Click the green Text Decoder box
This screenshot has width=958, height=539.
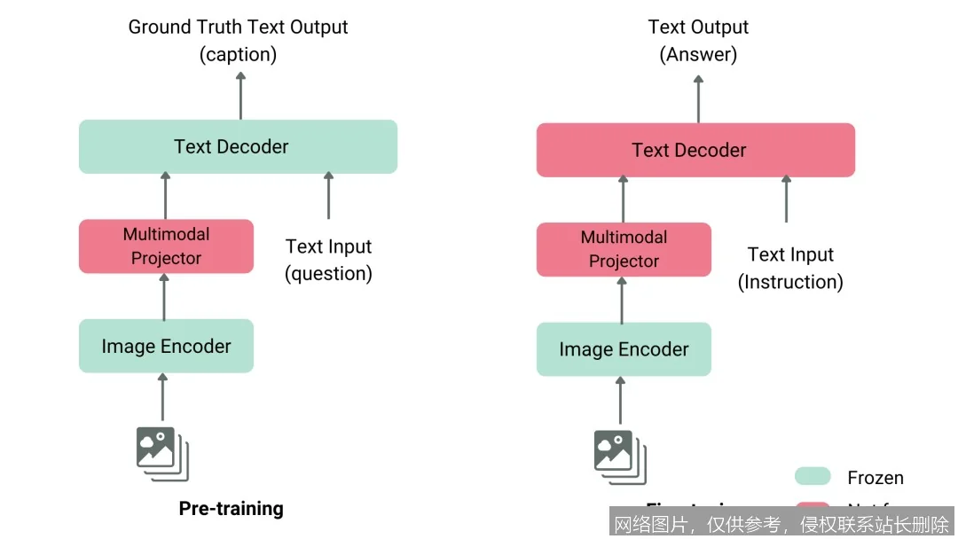(x=238, y=146)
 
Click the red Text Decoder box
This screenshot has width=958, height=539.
(x=695, y=150)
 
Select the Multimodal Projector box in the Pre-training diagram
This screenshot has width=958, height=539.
(x=166, y=246)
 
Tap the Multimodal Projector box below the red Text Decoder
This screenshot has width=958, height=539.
(x=624, y=249)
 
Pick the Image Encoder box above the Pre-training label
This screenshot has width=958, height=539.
(x=166, y=346)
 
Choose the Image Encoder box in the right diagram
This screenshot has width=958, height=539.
(x=624, y=349)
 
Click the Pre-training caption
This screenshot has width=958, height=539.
(x=232, y=508)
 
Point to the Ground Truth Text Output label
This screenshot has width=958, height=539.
(x=238, y=27)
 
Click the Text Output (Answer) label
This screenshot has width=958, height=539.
(x=698, y=40)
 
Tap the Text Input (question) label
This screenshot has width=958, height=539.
(x=328, y=260)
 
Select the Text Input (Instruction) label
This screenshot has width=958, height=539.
(x=790, y=268)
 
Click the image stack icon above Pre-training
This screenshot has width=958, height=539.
(x=162, y=453)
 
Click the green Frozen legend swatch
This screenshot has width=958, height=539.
(x=813, y=477)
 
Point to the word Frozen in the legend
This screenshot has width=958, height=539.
(x=876, y=478)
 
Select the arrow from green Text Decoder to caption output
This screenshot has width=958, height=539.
(x=240, y=95)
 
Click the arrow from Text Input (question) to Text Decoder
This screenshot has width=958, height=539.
(x=328, y=195)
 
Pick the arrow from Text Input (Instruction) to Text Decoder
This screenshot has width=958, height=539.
(x=786, y=199)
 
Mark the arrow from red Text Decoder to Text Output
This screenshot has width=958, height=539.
(x=698, y=98)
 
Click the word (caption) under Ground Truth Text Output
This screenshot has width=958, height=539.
(x=238, y=54)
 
